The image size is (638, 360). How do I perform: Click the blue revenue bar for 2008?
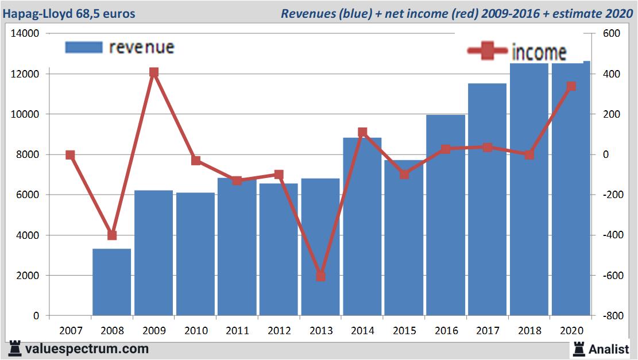[x=112, y=282]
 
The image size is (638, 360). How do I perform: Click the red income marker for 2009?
[x=154, y=72]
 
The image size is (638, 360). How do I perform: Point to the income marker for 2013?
[x=321, y=276]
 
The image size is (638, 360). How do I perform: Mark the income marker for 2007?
[x=70, y=155]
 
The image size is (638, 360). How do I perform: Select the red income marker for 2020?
[x=571, y=86]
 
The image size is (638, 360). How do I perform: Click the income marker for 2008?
[x=112, y=235]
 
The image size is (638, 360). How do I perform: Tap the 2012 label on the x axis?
[x=279, y=331]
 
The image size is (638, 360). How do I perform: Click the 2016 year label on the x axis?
[x=446, y=331]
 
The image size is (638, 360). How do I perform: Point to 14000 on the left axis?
[x=25, y=34]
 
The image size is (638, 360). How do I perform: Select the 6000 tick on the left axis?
[x=27, y=195]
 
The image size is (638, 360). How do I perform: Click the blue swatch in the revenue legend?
[x=84, y=47]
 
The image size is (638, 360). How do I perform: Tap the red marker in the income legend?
[x=488, y=52]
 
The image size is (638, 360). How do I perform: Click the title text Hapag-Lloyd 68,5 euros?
[x=69, y=13]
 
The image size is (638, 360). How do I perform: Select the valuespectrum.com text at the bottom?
[x=86, y=349]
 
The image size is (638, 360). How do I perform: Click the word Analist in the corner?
[x=609, y=349]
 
